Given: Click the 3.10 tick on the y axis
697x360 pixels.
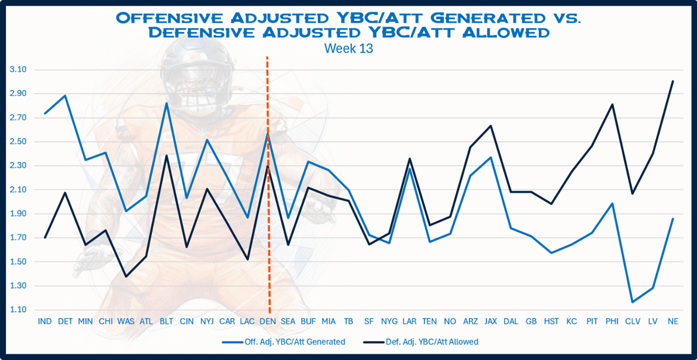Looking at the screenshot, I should tap(18, 70).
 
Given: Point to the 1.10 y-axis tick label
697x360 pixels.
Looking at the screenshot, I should tap(18, 310).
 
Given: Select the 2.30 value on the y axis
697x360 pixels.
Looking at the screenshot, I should tap(18, 166).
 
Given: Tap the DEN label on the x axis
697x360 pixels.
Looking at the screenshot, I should tap(268, 322).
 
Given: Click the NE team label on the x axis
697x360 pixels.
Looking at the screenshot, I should tap(673, 322).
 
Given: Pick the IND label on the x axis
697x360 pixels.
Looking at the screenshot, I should tap(45, 322).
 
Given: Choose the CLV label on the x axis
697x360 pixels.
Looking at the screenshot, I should tap(632, 322).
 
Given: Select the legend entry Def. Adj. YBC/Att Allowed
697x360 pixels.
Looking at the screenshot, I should tap(424, 342).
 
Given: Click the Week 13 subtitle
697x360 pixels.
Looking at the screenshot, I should tap(348, 49).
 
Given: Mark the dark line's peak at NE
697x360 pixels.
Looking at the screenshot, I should tap(673, 81).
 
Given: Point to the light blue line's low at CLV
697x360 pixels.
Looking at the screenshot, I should tap(632, 302).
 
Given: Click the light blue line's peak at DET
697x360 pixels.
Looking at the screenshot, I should tap(65, 95).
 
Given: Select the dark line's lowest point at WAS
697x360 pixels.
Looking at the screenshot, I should tap(126, 276).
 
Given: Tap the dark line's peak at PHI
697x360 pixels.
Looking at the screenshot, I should tap(612, 104).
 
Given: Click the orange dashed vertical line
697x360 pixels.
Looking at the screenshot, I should tap(268, 223).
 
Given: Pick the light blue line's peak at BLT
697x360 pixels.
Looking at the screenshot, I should tap(166, 103).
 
